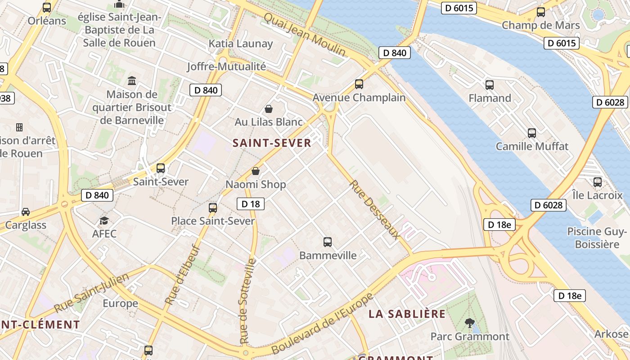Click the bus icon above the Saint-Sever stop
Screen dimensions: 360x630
(x=161, y=168)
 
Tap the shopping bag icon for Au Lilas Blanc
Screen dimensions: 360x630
(x=269, y=109)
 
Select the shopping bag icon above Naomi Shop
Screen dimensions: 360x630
(x=256, y=171)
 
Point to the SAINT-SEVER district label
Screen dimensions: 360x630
(x=272, y=143)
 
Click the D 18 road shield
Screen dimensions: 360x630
(x=251, y=204)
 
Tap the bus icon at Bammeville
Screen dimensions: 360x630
(x=328, y=242)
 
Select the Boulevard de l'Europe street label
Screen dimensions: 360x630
(x=322, y=324)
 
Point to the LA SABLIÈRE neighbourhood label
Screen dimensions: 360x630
(x=407, y=314)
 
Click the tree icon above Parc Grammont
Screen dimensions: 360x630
(x=470, y=323)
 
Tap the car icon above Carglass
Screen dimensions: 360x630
(x=26, y=212)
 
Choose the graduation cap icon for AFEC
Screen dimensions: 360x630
(x=104, y=220)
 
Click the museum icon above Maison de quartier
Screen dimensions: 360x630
(x=132, y=81)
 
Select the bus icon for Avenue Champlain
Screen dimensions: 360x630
(x=359, y=84)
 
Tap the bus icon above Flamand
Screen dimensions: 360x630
(x=490, y=85)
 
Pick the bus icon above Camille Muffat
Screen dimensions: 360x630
(x=532, y=133)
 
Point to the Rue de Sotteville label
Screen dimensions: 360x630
(x=248, y=301)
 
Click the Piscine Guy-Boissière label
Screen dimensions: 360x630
(x=597, y=238)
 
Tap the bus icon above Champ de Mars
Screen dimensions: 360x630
(x=541, y=12)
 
